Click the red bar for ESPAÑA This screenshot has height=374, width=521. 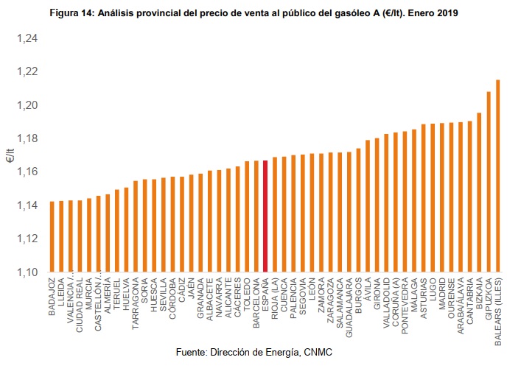click(x=265, y=216)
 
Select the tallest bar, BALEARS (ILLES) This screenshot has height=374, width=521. click(x=498, y=176)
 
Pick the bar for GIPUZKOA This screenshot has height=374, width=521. click(x=489, y=182)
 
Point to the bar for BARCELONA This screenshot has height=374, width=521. click(x=256, y=216)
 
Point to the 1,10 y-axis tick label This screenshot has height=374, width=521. click(x=27, y=272)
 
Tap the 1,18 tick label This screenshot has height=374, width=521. click(x=27, y=138)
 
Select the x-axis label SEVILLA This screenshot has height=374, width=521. click(x=163, y=296)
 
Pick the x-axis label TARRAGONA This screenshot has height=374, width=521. click(x=135, y=303)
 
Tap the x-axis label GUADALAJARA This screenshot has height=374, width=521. click(x=349, y=308)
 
